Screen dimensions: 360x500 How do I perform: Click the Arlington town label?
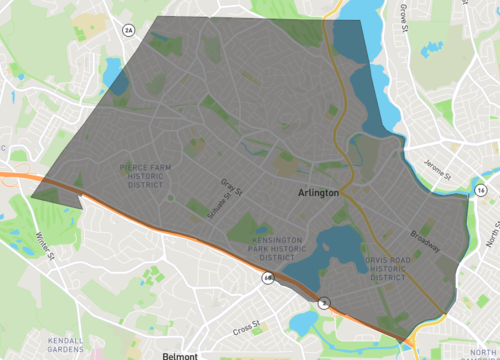(x=319, y=194)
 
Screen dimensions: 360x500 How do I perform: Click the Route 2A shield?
(x=128, y=31)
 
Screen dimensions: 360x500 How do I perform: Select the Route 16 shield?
(x=482, y=189)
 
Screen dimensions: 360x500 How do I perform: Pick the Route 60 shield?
(x=267, y=278)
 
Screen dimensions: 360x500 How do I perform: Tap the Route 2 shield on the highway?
(x=324, y=302)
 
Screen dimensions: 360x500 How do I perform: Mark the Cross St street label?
(x=245, y=326)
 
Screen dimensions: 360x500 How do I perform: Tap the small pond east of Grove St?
(x=435, y=47)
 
